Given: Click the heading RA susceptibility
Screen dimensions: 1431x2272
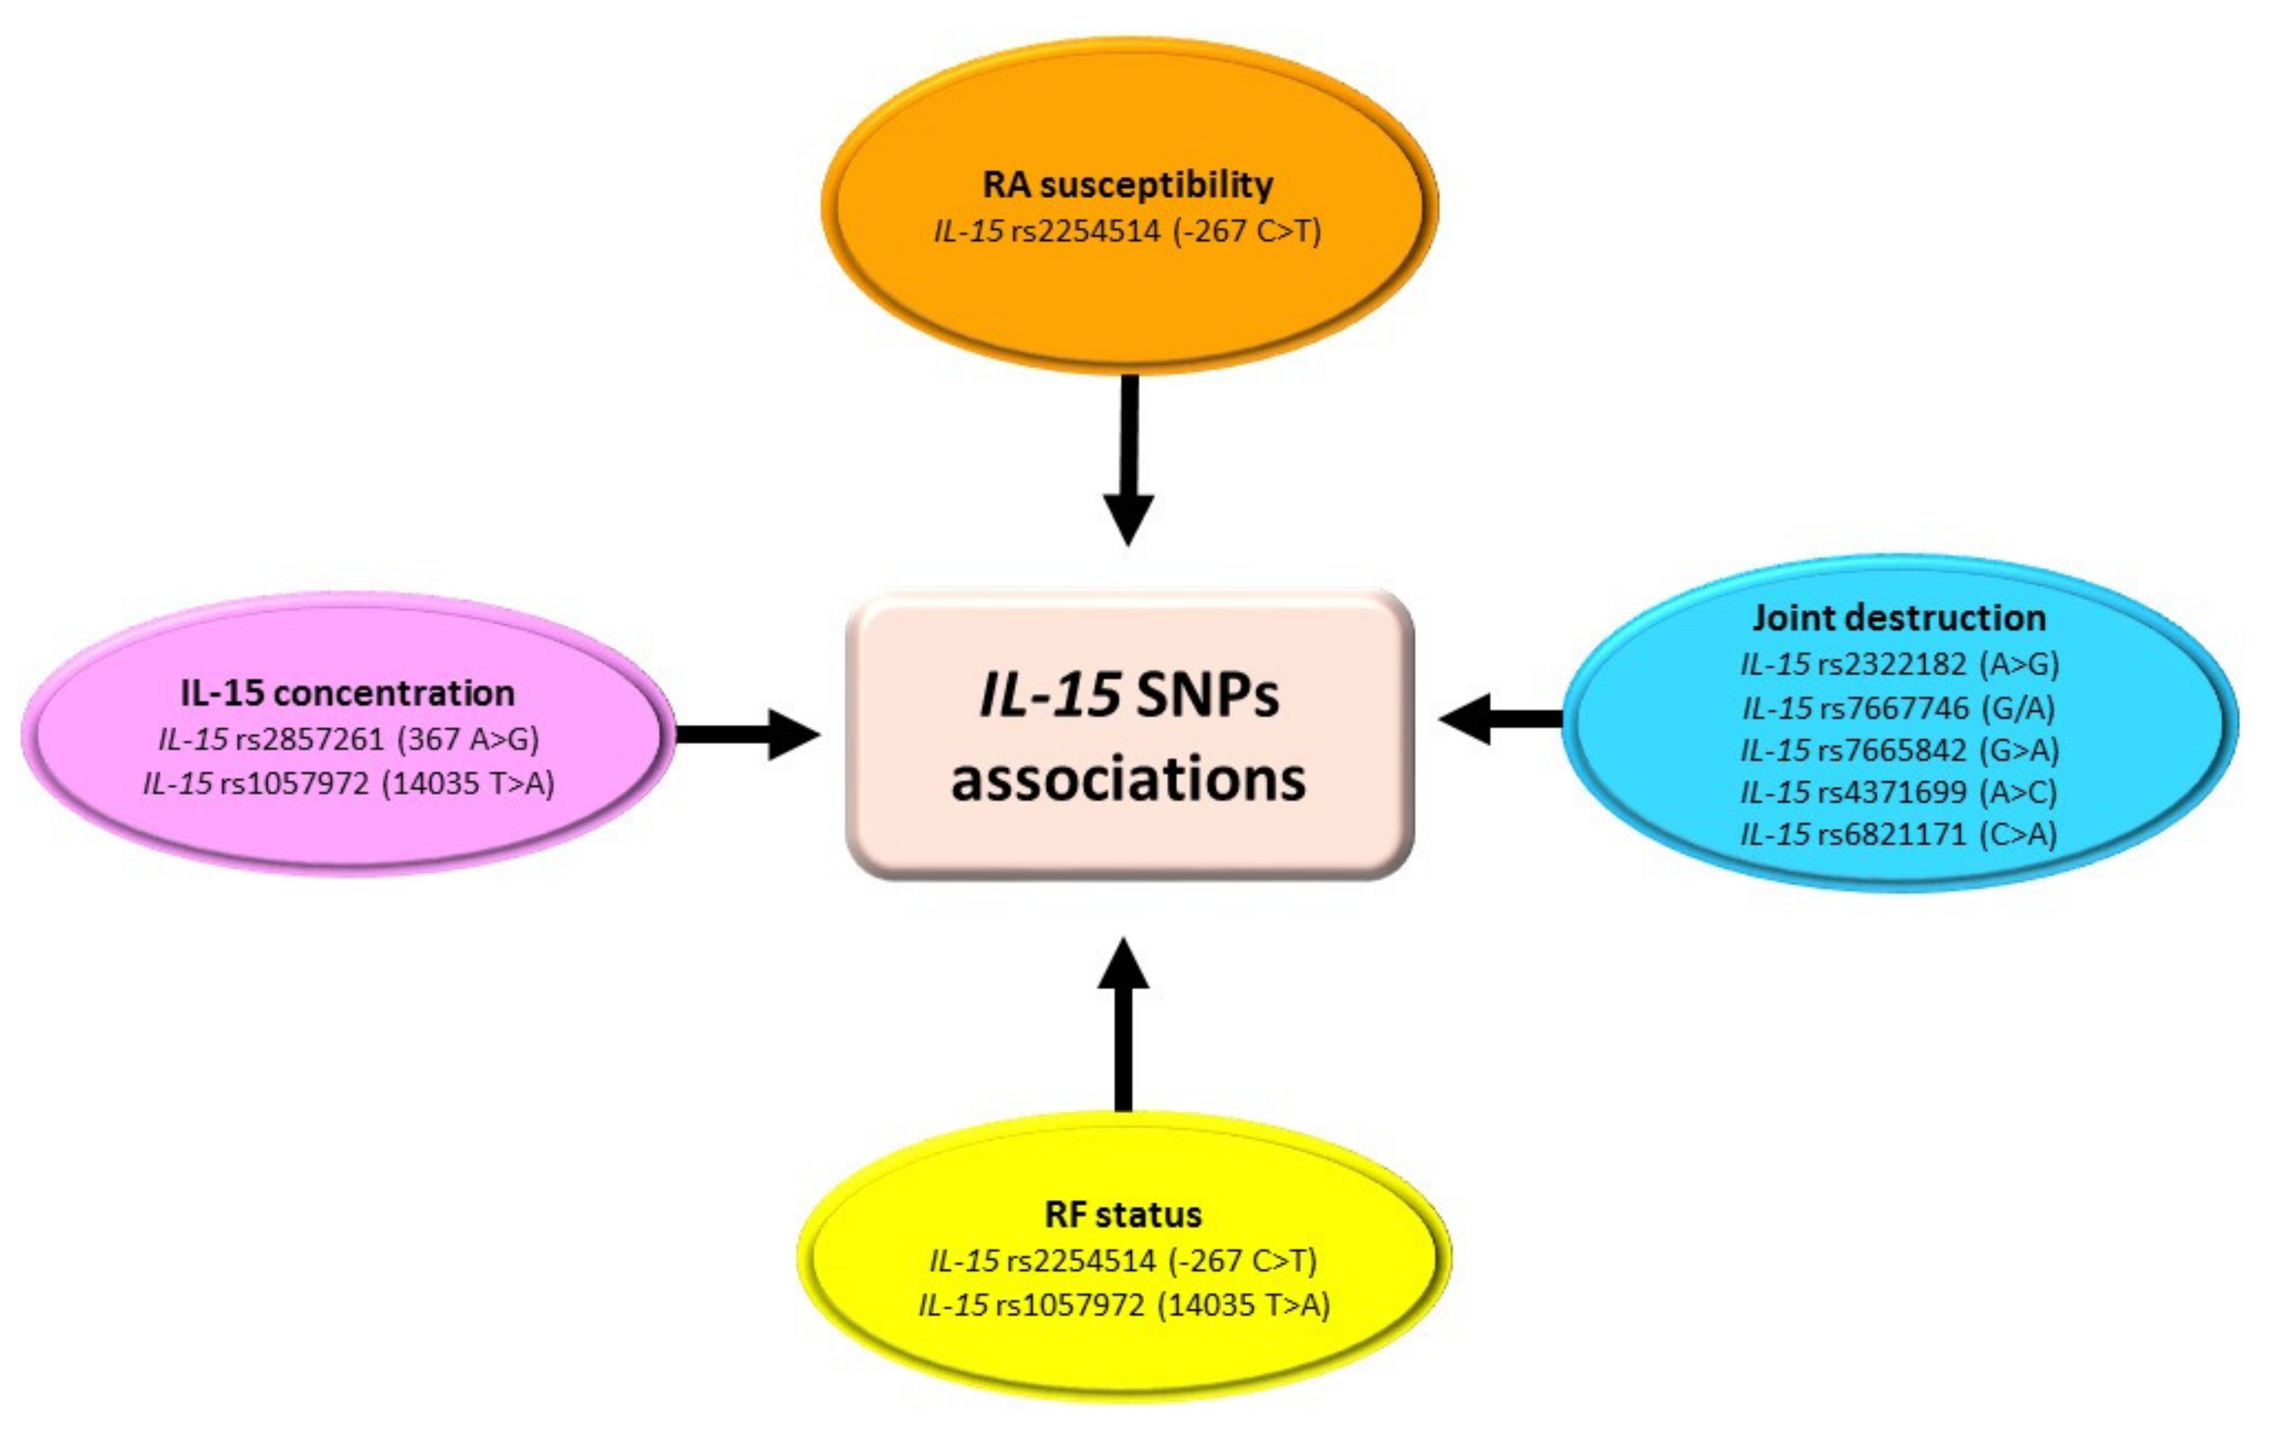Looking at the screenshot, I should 1128,185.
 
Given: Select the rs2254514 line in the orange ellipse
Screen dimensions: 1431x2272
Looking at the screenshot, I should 1128,231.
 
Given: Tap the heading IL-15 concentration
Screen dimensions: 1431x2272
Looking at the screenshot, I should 347,693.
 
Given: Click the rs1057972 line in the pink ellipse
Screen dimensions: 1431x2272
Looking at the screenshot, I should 348,783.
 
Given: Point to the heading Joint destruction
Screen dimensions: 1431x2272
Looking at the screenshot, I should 1899,618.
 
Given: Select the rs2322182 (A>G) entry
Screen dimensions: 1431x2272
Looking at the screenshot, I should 1899,664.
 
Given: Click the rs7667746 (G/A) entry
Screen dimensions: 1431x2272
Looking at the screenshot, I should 1899,707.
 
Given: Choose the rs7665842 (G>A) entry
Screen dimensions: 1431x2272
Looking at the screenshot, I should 1899,749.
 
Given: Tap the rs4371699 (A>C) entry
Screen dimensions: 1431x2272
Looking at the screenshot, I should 1899,791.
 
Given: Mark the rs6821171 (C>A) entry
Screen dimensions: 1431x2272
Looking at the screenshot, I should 1899,834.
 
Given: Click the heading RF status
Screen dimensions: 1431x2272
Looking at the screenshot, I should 1123,1214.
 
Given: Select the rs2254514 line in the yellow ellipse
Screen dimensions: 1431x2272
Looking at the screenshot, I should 1123,1260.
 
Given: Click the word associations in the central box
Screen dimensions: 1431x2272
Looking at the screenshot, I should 1128,779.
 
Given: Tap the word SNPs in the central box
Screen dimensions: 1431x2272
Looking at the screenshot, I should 1207,697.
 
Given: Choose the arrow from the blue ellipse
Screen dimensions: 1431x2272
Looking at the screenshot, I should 1500,719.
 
